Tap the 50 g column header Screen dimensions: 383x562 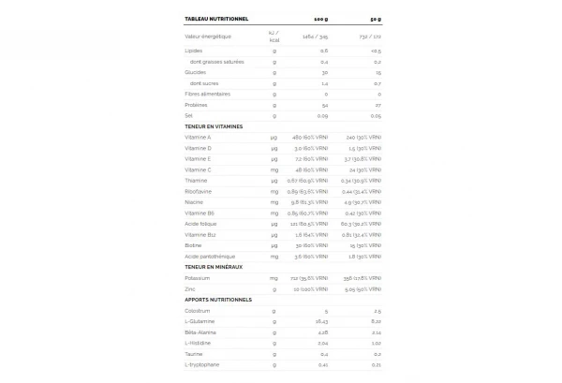tap(373, 18)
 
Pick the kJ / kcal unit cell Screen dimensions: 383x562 tap(274, 37)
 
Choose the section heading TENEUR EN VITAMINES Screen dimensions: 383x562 tap(214, 126)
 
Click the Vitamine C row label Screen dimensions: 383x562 tap(198, 169)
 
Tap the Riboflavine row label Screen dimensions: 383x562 tap(199, 191)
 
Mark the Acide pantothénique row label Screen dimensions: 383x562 tap(209, 256)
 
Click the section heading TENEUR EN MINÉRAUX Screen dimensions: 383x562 tap(214, 267)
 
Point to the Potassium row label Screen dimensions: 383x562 tap(197, 278)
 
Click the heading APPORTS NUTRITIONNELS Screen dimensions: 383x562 tap(218, 300)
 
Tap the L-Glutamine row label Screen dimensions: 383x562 tap(200, 321)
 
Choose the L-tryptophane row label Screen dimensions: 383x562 tap(201, 364)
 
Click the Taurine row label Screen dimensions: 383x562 tap(195, 354)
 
